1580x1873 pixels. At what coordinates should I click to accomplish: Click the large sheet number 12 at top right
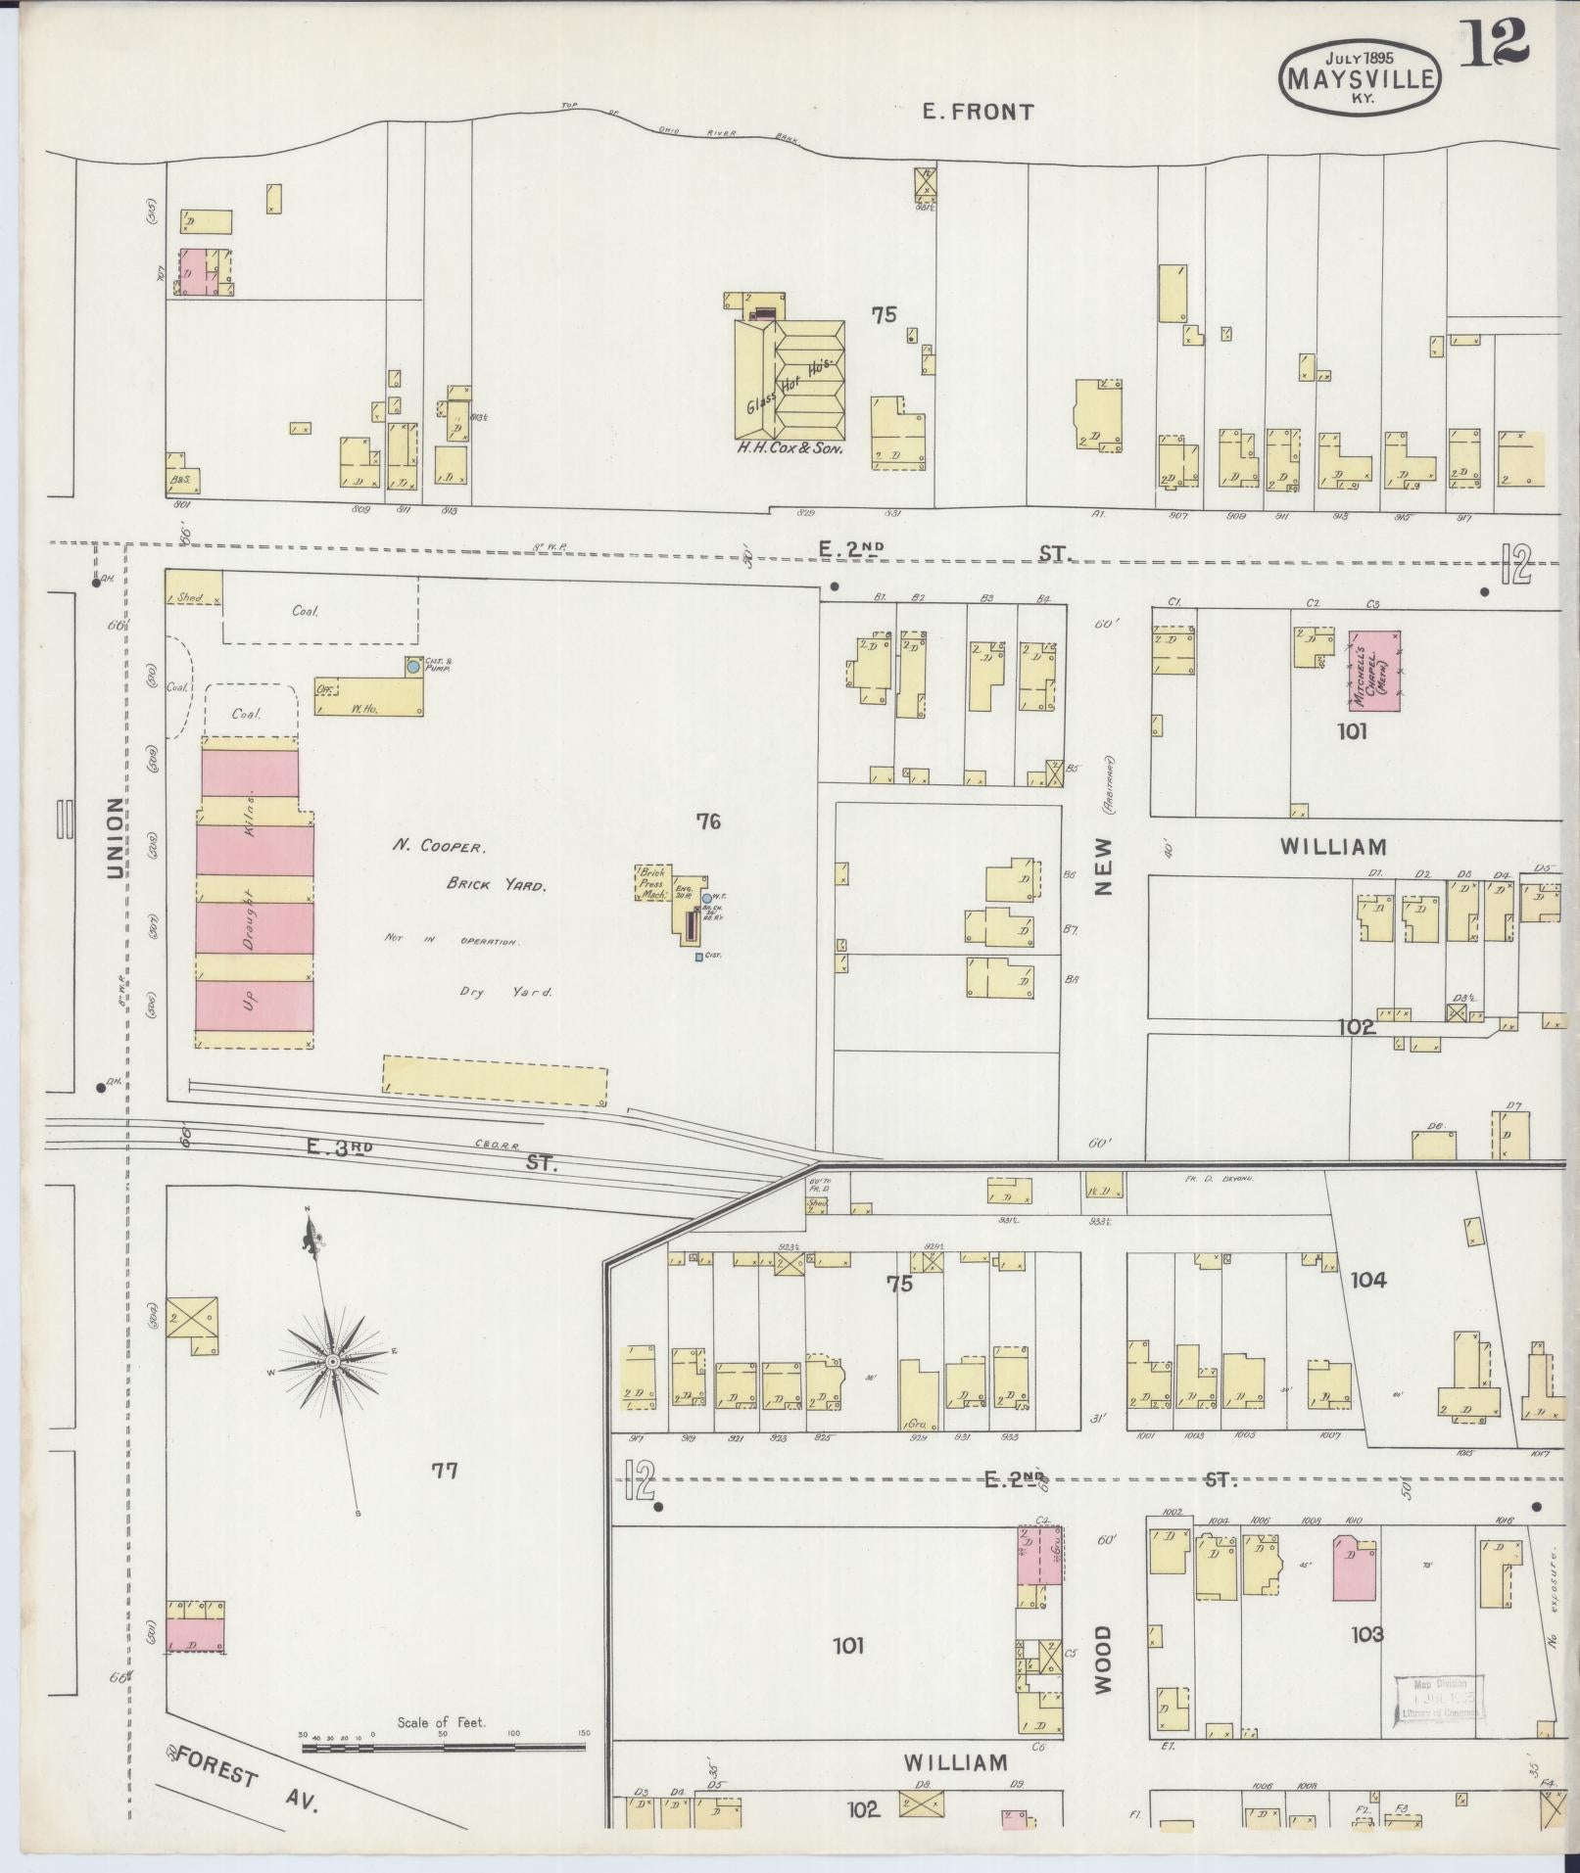coord(1494,43)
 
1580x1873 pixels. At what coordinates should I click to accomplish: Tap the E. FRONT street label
coord(978,112)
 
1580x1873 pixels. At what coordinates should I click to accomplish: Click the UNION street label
coord(115,837)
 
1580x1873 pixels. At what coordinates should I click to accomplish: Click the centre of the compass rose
coord(333,1362)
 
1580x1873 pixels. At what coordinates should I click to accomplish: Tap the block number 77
coord(445,1470)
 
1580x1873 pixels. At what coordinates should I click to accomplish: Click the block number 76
coord(707,820)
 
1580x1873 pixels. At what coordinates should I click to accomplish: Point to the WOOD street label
coord(1104,1660)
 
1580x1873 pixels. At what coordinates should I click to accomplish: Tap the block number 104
coord(1367,1280)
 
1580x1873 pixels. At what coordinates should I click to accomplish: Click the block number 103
coord(1366,1633)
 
